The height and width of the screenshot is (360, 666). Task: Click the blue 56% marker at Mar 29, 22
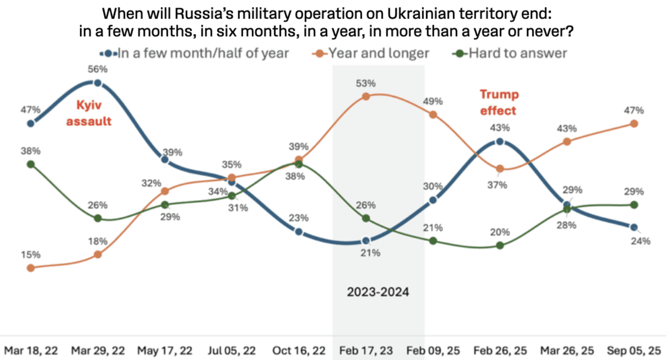tap(98, 83)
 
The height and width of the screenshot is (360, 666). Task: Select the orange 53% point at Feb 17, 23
tap(366, 96)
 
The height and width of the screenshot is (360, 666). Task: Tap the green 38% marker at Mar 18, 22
tap(31, 164)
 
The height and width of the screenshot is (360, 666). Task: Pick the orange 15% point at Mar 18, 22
tap(31, 268)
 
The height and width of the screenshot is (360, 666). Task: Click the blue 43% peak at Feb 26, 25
tap(500, 142)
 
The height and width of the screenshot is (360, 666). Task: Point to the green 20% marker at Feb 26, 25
tap(500, 246)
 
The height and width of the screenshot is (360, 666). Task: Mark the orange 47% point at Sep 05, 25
tap(634, 124)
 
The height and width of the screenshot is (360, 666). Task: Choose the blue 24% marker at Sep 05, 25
tap(634, 227)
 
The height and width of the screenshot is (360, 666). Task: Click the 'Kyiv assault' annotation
tap(89, 113)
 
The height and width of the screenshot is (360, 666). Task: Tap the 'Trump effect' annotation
tap(499, 102)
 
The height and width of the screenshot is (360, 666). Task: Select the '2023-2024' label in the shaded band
tap(378, 292)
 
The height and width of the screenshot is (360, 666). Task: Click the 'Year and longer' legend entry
tap(378, 53)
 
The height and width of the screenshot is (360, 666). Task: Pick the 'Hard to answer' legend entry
tap(517, 53)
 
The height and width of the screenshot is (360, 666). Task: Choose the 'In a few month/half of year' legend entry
tap(203, 53)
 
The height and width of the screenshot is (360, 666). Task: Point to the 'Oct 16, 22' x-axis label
tap(299, 351)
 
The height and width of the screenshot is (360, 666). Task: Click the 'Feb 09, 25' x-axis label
tap(433, 351)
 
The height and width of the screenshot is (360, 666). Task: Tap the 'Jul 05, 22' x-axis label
tap(232, 351)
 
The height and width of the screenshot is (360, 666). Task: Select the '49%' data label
tap(433, 101)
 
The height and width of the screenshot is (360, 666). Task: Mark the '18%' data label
tap(98, 241)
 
